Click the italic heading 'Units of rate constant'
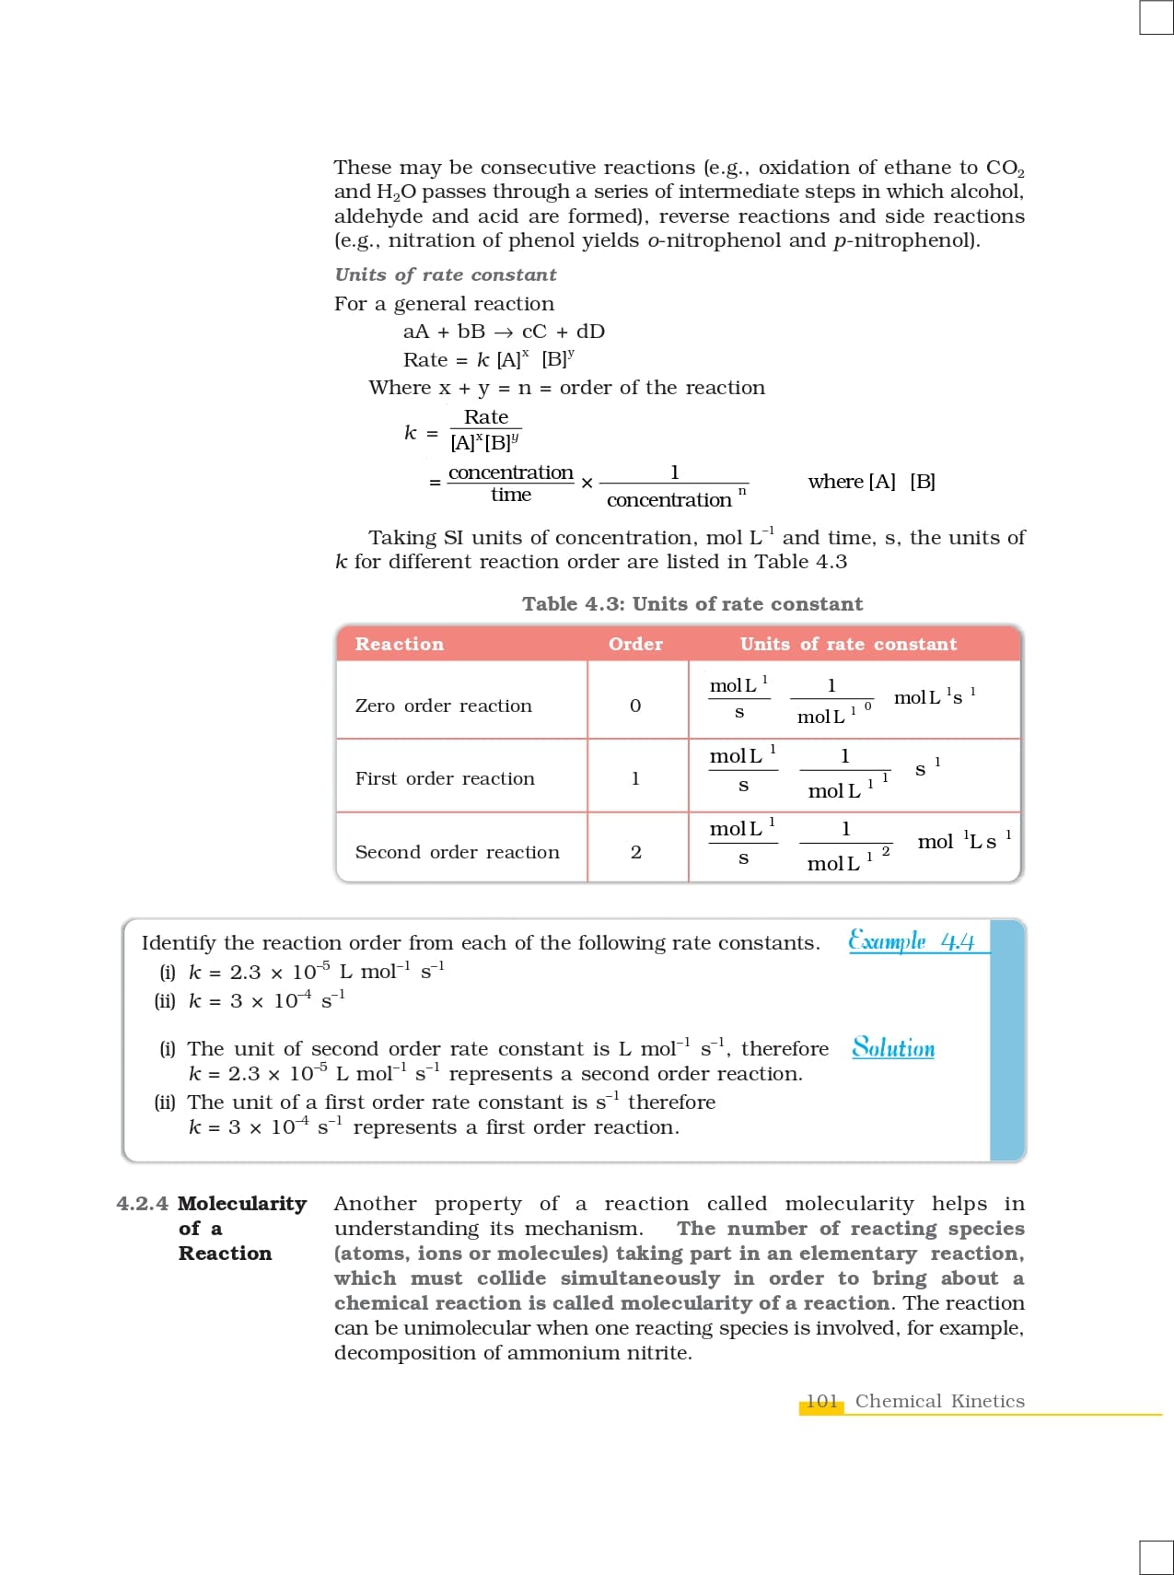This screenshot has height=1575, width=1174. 446,274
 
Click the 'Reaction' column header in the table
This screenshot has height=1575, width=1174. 399,644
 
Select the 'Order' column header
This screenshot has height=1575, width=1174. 635,644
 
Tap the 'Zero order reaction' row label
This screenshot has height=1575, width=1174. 443,706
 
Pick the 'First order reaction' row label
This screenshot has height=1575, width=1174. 445,778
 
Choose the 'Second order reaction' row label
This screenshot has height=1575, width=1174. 457,852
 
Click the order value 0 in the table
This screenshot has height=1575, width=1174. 634,706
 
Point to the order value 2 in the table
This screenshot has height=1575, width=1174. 635,852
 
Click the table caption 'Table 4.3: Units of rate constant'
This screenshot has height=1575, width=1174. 692,604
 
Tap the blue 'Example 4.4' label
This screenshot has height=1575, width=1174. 911,941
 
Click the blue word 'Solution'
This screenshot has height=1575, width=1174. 892,1048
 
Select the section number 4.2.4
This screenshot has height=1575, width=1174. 142,1204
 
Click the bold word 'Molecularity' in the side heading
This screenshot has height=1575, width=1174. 242,1204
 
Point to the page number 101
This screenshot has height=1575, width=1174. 821,1401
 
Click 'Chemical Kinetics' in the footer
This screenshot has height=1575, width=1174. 939,1401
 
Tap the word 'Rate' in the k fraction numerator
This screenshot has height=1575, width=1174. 485,417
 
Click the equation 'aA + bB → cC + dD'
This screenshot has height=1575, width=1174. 504,332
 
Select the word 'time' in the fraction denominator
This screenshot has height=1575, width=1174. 511,495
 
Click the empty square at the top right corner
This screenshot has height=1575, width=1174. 1156,17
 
